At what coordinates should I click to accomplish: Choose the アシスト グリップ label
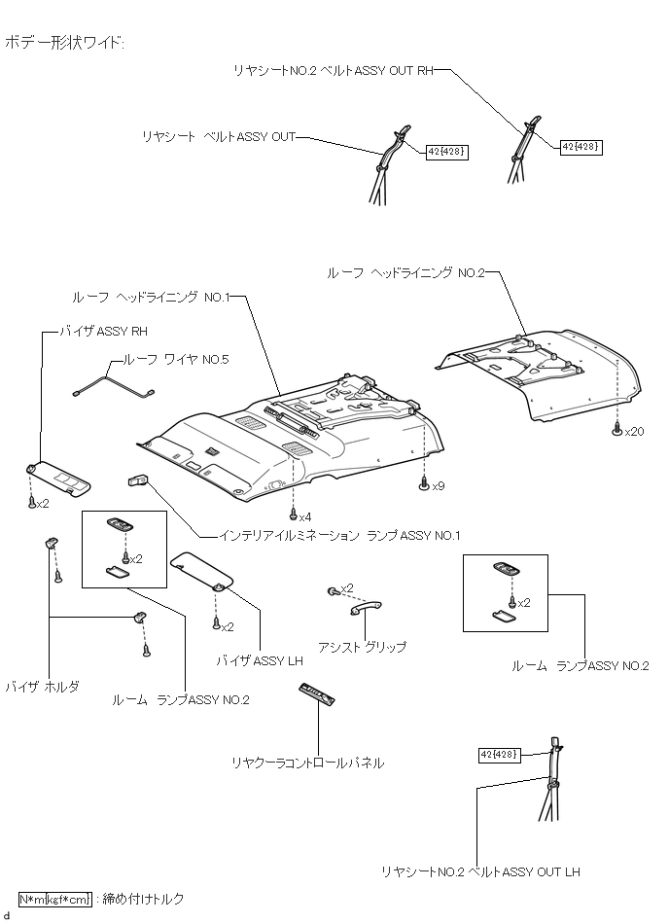pyautogui.click(x=362, y=647)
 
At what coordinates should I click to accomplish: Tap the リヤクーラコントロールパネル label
pyautogui.click(x=307, y=763)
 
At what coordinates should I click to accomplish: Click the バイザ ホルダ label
pyautogui.click(x=42, y=686)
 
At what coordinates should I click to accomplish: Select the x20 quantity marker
pyautogui.click(x=634, y=431)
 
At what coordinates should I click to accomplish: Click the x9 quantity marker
pyautogui.click(x=439, y=485)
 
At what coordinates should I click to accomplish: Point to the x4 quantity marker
pyautogui.click(x=305, y=515)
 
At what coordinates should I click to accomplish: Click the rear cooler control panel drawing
pyautogui.click(x=317, y=693)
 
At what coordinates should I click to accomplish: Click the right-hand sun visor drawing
pyautogui.click(x=60, y=477)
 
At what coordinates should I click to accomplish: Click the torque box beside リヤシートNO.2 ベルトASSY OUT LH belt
pyautogui.click(x=500, y=755)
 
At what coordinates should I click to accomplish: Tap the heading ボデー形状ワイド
pyautogui.click(x=65, y=43)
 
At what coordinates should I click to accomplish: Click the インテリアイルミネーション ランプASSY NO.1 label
pyautogui.click(x=339, y=535)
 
